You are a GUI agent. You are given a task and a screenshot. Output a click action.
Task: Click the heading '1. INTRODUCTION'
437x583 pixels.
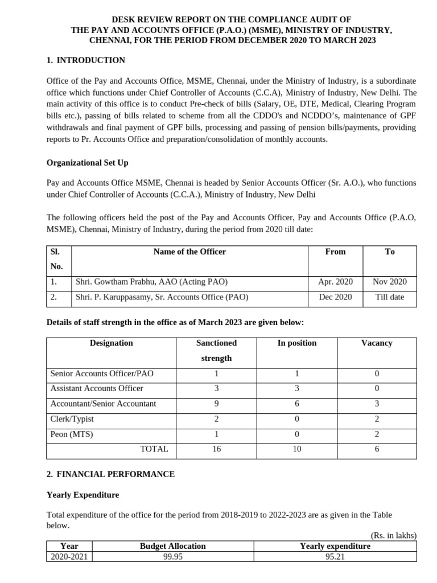pos(85,60)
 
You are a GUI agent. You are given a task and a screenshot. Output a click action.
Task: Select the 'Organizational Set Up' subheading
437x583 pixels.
pos(87,163)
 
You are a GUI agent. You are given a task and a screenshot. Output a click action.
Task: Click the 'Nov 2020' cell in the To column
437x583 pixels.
pos(390,282)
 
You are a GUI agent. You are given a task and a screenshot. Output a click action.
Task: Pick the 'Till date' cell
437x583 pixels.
pos(390,297)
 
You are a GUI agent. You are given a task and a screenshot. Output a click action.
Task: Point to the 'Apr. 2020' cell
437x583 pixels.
pos(335,282)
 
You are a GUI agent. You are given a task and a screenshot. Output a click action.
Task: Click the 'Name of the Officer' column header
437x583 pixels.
pos(189,252)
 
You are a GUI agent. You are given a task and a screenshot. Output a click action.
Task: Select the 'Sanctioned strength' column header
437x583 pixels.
pos(216,351)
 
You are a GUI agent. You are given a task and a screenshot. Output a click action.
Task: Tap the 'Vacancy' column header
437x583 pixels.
pos(377,343)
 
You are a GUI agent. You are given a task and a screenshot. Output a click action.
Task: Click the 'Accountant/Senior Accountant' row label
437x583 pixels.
pos(103,404)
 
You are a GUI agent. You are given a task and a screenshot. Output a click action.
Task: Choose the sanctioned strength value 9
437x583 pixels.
pos(216,404)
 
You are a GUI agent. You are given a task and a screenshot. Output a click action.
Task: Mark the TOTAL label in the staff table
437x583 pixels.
pos(154,449)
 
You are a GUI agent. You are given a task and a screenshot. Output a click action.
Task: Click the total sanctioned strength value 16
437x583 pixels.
pos(216,449)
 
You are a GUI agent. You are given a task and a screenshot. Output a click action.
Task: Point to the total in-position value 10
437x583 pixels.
pos(296,449)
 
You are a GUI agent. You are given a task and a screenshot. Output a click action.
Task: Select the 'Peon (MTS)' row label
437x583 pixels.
pos(72,434)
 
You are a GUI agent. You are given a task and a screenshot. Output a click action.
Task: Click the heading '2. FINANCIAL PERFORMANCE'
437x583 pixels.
pos(110,474)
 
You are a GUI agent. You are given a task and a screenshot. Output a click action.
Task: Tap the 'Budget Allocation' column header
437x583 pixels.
pos(172,546)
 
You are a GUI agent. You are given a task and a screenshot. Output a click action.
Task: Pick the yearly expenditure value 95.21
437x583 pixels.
pos(335,557)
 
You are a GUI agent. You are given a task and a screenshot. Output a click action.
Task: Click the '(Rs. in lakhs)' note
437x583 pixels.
pos(393,536)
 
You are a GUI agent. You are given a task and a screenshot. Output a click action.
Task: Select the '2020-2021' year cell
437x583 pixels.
pos(69,557)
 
